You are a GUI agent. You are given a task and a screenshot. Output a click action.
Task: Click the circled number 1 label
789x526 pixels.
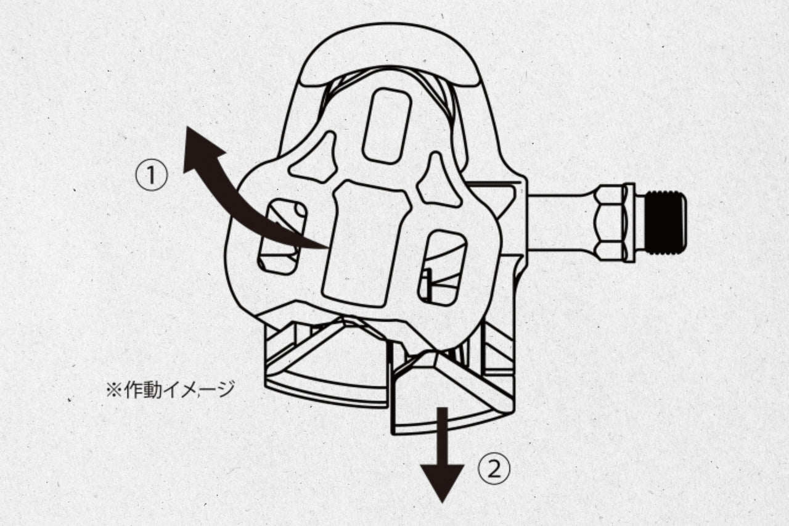(152, 175)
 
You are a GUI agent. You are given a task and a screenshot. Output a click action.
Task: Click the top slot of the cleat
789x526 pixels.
(387, 126)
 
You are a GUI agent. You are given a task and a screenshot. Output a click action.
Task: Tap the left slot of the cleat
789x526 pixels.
(282, 237)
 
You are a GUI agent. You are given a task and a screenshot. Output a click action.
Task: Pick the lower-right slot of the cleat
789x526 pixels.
(442, 268)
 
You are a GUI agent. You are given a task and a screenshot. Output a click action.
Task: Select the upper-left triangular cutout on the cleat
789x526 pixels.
(315, 158)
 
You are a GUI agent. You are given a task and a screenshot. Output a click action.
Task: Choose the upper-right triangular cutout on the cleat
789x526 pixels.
(438, 181)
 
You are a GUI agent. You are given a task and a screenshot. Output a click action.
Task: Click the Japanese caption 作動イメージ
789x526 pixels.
(179, 390)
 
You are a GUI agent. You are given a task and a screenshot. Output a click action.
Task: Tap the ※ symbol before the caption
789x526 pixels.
(114, 390)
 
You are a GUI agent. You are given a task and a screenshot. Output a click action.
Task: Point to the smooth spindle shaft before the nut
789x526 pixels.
(562, 223)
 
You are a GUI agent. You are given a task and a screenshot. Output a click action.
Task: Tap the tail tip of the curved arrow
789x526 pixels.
(327, 247)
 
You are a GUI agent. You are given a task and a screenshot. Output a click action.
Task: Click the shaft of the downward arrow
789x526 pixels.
(442, 436)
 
